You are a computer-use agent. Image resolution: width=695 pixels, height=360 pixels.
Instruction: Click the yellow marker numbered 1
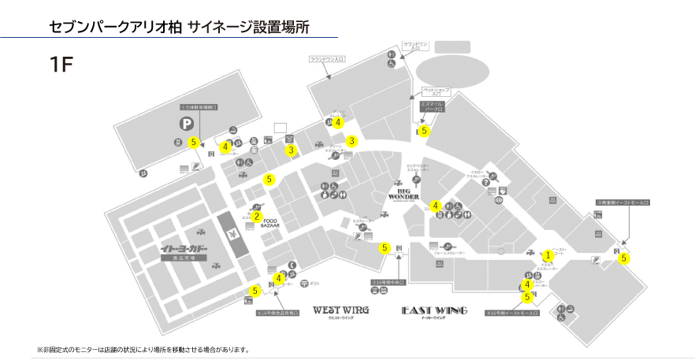548,254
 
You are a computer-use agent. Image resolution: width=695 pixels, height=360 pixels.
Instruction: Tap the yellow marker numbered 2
256,217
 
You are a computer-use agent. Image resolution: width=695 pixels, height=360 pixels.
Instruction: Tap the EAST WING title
434,310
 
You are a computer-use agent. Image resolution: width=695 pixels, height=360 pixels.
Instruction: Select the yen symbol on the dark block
234,235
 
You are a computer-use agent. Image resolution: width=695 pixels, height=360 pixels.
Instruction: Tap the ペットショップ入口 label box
437,92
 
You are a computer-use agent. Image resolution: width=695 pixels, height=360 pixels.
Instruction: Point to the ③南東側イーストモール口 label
623,202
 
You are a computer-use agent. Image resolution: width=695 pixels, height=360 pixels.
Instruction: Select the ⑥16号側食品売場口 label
278,312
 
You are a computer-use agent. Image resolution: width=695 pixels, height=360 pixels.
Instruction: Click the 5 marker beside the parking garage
193,143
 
